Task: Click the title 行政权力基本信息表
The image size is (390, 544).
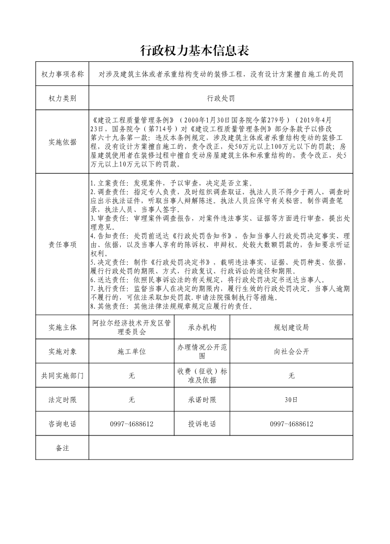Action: pyautogui.click(x=195, y=50)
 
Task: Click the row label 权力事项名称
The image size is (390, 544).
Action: pyautogui.click(x=62, y=74)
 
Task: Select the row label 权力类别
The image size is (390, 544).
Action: pyautogui.click(x=62, y=98)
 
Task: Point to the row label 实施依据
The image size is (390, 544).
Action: pyautogui.click(x=62, y=142)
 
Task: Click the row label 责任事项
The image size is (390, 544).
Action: pyautogui.click(x=62, y=245)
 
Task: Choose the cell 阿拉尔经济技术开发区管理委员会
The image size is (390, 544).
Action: pyautogui.click(x=132, y=327)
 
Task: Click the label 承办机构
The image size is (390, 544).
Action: pyautogui.click(x=202, y=327)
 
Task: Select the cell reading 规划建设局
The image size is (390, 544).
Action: pyautogui.click(x=291, y=327)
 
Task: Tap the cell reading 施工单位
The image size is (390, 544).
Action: pyautogui.click(x=132, y=352)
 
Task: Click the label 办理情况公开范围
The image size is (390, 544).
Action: pyautogui.click(x=202, y=352)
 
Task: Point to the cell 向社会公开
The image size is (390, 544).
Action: pyautogui.click(x=291, y=352)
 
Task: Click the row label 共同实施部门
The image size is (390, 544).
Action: pyautogui.click(x=62, y=376)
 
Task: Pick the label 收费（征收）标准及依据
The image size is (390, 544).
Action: pyautogui.click(x=202, y=376)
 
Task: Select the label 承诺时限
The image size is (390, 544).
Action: pyautogui.click(x=202, y=400)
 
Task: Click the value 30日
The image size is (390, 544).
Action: pyautogui.click(x=291, y=400)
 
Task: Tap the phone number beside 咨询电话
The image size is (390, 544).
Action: pyautogui.click(x=132, y=424)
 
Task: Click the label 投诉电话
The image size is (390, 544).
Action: pyautogui.click(x=202, y=424)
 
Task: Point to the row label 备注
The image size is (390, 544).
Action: pyautogui.click(x=62, y=448)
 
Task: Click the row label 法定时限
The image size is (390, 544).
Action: pyautogui.click(x=62, y=400)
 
